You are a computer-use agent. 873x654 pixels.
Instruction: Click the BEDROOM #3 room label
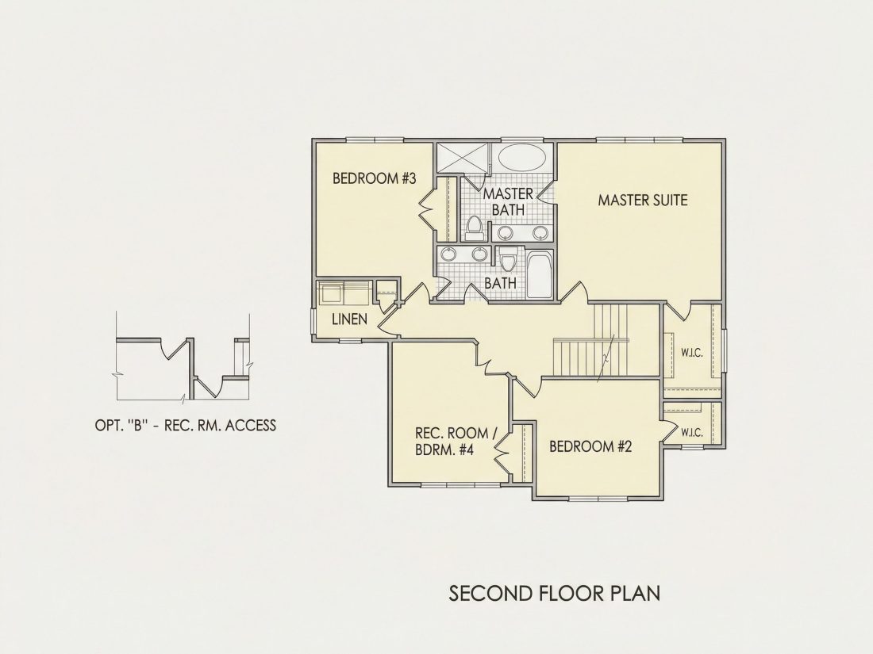coord(374,178)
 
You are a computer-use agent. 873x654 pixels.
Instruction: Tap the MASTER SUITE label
coord(643,200)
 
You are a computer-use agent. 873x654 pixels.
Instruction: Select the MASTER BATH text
coord(508,201)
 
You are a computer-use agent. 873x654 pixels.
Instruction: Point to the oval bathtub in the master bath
coord(522,158)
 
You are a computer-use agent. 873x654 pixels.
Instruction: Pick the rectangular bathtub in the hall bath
coord(539,275)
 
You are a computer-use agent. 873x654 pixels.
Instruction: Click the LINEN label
coord(350,319)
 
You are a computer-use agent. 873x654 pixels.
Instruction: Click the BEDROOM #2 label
coord(590,446)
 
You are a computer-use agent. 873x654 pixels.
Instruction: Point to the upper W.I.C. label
coord(691,353)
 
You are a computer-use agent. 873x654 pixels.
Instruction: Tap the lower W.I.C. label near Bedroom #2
coord(691,432)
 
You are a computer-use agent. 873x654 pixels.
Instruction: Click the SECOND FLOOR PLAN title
coord(555,593)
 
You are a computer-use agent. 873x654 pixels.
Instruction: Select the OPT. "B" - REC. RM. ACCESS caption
coord(186,426)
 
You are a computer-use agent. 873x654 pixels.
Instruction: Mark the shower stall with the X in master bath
coord(463,158)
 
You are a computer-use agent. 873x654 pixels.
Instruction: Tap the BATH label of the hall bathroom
coord(500,283)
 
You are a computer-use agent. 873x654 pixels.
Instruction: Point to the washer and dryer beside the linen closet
coord(344,293)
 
